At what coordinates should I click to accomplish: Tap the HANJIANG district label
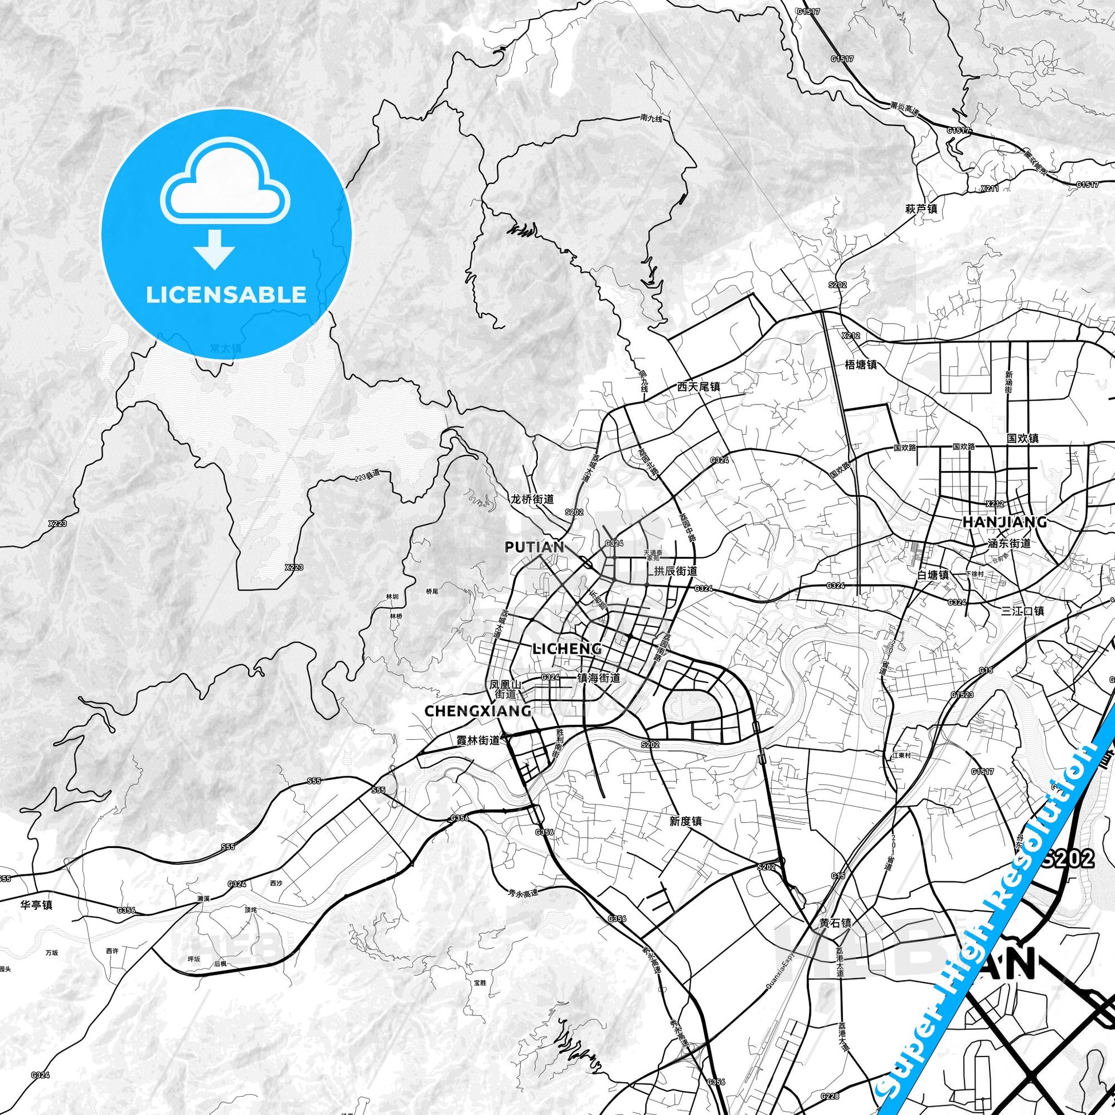(1004, 522)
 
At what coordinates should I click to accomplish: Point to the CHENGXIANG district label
(478, 711)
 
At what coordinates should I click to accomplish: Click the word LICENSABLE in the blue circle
(226, 295)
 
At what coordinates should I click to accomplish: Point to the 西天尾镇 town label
(699, 387)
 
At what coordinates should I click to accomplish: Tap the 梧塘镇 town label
(861, 365)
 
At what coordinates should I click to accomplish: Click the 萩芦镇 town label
(921, 209)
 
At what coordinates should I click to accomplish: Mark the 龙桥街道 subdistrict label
(532, 498)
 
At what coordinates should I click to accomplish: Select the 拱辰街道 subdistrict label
(675, 571)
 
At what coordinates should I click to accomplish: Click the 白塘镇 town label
(933, 575)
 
